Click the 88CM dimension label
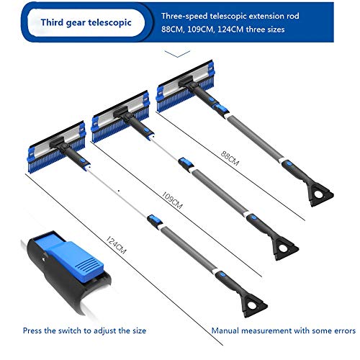[230, 158]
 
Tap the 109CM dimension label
[172, 200]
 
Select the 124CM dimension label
[116, 245]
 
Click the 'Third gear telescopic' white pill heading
[86, 22]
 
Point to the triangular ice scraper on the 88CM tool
[319, 194]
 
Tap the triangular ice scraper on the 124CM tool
[253, 305]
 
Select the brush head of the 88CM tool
[185, 86]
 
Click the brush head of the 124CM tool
[57, 147]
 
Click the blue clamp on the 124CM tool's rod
[155, 220]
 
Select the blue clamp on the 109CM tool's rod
[186, 163]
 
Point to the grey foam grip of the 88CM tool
[256, 139]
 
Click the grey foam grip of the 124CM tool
[189, 250]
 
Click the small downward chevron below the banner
[177, 54]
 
